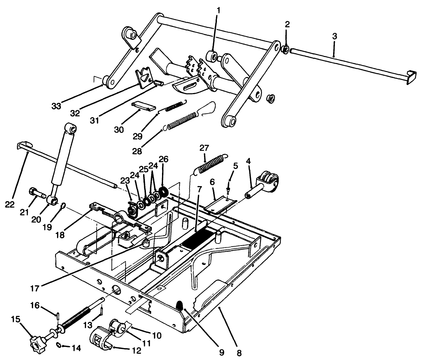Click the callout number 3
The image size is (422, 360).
(334, 36)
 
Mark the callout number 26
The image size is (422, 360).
(163, 159)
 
